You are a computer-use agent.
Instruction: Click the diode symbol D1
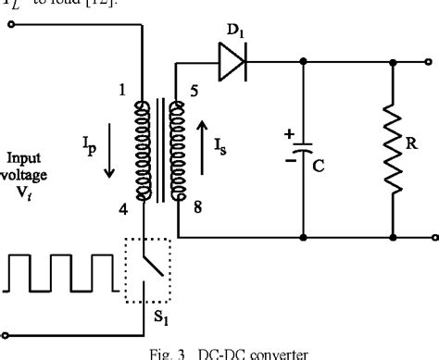pyautogui.click(x=232, y=63)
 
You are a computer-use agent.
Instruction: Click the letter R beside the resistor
pyautogui.click(x=418, y=146)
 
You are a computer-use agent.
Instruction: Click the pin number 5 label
pyautogui.click(x=194, y=91)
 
